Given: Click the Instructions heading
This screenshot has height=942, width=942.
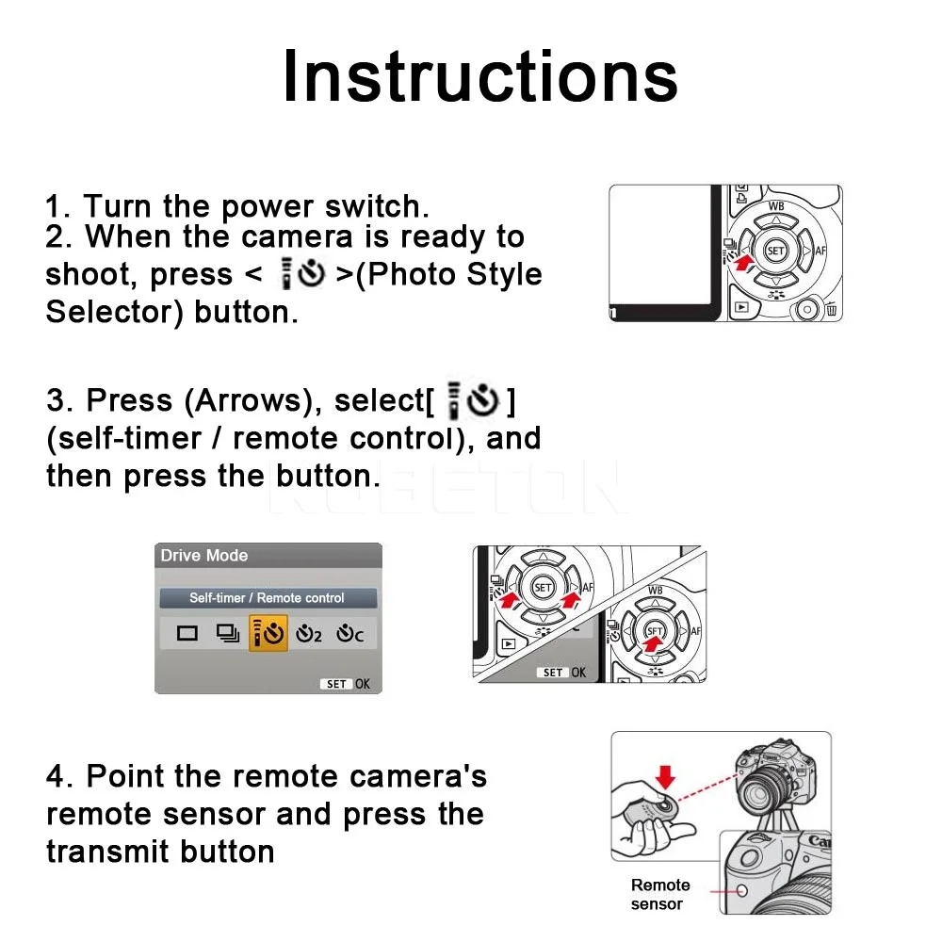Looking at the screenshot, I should point(479,75).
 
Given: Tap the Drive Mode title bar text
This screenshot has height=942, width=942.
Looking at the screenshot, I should point(204,556).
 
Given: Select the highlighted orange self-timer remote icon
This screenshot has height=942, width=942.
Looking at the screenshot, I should point(268,634).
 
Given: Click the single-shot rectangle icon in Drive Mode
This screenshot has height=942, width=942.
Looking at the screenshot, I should point(187,634).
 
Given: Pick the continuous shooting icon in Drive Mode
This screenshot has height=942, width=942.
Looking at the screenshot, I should point(227,634).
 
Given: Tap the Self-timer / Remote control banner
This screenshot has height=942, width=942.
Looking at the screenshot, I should point(268,598).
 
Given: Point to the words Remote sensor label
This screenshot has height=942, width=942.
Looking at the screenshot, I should point(659,894).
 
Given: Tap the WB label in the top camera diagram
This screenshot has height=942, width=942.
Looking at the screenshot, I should point(776,205).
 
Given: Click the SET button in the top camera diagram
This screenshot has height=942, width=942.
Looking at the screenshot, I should point(775,251).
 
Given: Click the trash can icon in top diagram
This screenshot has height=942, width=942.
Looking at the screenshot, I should point(831,308).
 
